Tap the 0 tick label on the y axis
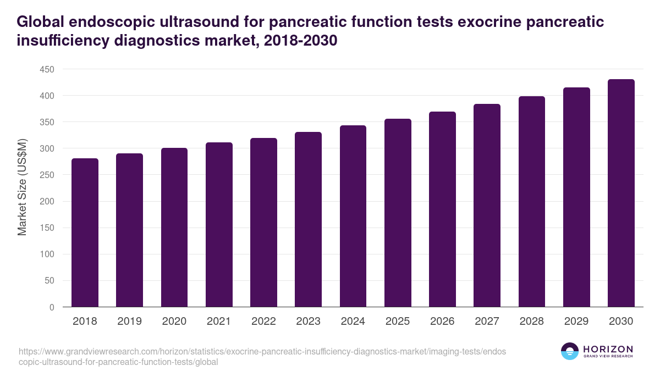coord(52,307)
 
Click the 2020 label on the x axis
coord(174,322)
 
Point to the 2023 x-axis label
coord(308,322)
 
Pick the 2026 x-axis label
coord(442,322)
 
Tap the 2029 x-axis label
coord(576,322)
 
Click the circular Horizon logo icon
coord(570,351)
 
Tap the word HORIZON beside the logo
coord(608,349)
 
